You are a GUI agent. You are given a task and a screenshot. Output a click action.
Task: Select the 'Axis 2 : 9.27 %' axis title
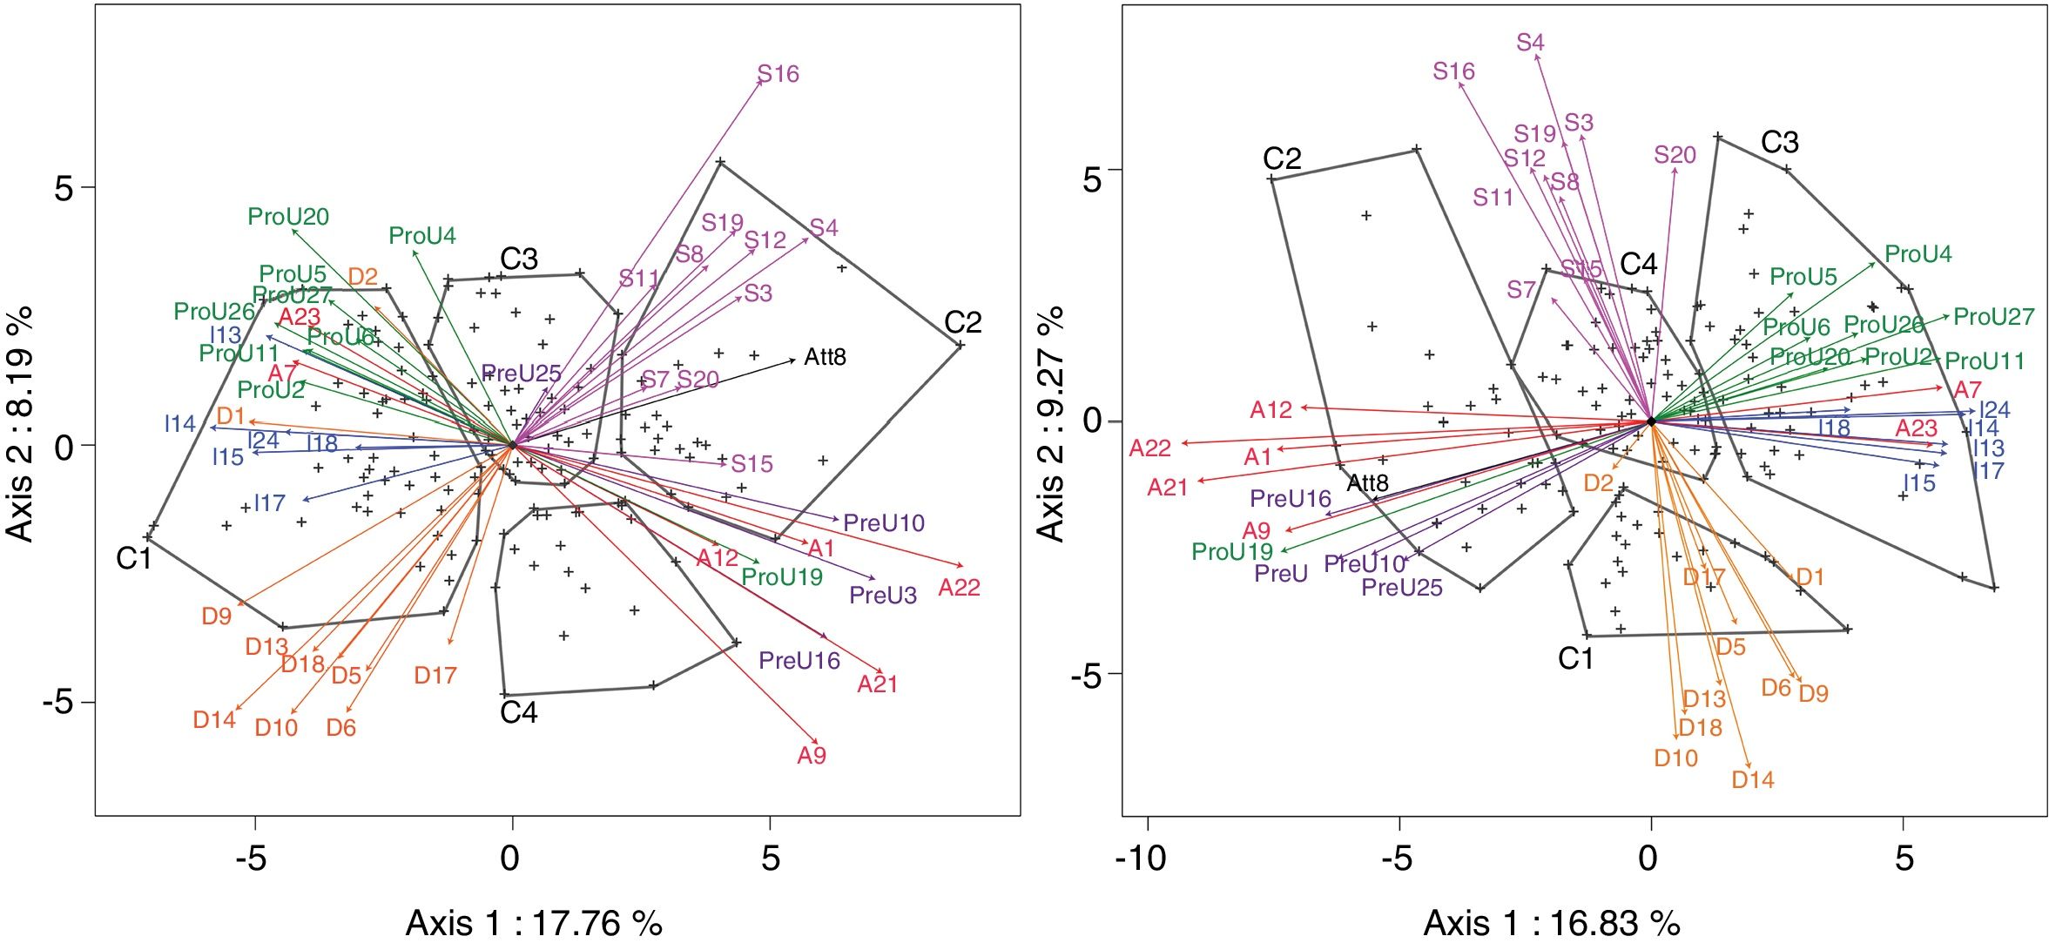pyautogui.click(x=1051, y=424)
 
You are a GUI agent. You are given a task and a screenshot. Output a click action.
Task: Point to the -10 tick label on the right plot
pyautogui.click(x=1141, y=859)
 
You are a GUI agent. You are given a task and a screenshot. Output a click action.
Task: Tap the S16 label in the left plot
pyautogui.click(x=778, y=74)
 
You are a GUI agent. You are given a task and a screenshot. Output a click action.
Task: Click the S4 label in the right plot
pyautogui.click(x=1530, y=43)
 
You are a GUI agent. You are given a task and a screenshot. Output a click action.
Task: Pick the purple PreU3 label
pyautogui.click(x=882, y=596)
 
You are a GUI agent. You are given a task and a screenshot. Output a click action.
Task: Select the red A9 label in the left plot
pyautogui.click(x=811, y=756)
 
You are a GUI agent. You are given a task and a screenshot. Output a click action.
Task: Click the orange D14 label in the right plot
pyautogui.click(x=1752, y=780)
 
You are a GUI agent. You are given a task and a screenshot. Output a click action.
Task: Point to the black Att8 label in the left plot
pyautogui.click(x=825, y=357)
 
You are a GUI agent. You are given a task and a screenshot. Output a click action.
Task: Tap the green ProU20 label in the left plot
pyautogui.click(x=288, y=217)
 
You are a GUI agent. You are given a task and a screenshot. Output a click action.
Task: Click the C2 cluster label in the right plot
pyautogui.click(x=1282, y=158)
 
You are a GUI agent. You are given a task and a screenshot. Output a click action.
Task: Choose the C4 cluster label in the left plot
pyautogui.click(x=519, y=713)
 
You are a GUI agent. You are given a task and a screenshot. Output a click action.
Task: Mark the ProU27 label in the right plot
pyautogui.click(x=1993, y=317)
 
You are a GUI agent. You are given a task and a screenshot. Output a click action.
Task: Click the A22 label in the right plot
pyautogui.click(x=1149, y=448)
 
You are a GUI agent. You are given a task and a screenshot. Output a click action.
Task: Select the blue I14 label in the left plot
pyautogui.click(x=180, y=424)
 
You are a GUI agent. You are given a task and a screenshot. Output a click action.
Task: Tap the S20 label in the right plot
pyautogui.click(x=1675, y=155)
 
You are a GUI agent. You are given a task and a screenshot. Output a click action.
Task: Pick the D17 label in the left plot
pyautogui.click(x=435, y=675)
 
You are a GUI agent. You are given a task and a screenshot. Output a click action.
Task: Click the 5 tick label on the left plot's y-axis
pyautogui.click(x=64, y=188)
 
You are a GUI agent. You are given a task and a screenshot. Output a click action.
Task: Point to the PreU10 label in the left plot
pyautogui.click(x=884, y=523)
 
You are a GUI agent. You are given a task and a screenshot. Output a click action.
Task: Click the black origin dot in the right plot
pyautogui.click(x=1651, y=421)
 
